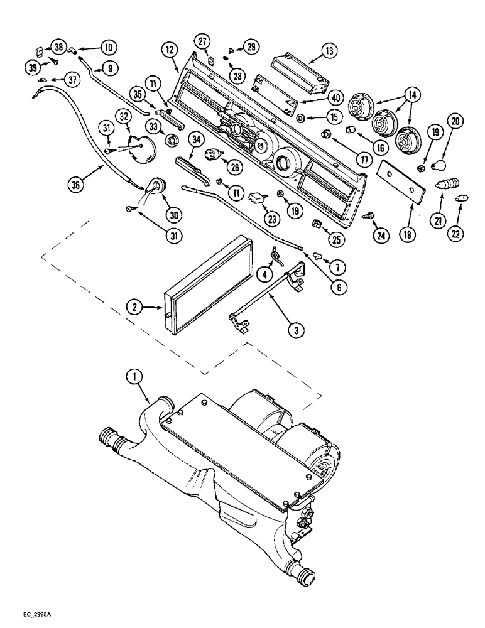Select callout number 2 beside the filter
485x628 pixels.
(133, 307)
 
